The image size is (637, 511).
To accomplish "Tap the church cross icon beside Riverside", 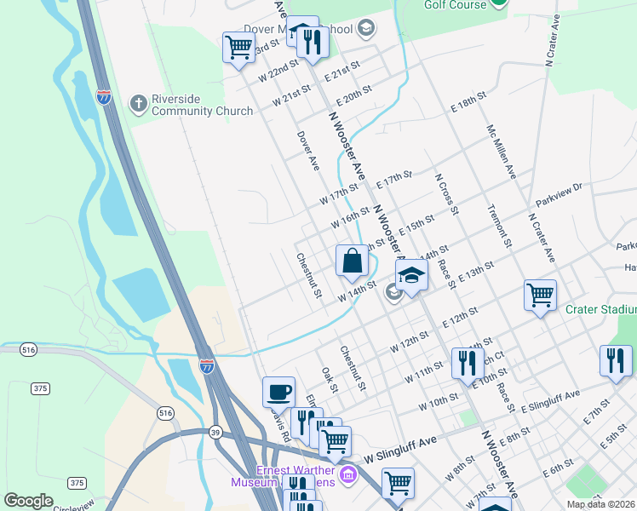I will [138, 105].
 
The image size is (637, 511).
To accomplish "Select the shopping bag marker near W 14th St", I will [352, 261].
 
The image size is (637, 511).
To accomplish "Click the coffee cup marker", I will [278, 392].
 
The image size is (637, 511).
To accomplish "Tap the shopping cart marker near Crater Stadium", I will [541, 296].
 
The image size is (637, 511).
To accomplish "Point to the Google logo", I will [28, 501].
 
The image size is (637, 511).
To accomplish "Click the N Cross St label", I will [447, 195].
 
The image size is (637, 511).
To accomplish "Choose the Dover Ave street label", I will [307, 151].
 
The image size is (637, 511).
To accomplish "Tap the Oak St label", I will [330, 381].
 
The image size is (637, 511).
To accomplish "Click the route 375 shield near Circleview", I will [77, 483].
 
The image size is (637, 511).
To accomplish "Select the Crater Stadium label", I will [600, 309].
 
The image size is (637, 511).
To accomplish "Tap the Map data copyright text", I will [601, 504].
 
